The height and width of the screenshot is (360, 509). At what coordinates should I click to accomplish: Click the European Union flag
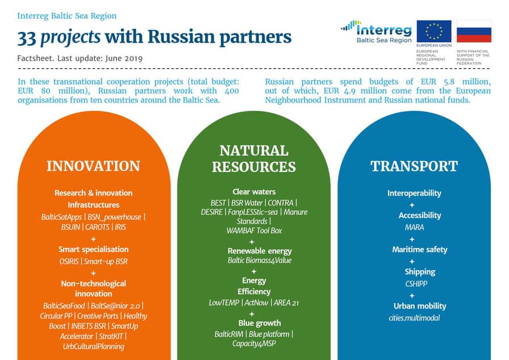click(433, 31)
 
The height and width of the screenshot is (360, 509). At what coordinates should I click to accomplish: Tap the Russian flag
click(474, 31)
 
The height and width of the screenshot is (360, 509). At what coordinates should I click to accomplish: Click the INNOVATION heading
click(94, 166)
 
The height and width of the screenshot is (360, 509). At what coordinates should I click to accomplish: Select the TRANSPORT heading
click(414, 166)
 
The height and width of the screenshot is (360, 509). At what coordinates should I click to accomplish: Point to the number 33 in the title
click(27, 37)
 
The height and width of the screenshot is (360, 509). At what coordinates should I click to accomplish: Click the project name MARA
click(414, 227)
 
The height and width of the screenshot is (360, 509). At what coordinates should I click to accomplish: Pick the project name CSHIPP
click(416, 284)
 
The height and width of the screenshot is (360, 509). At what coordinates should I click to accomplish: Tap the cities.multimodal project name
click(414, 318)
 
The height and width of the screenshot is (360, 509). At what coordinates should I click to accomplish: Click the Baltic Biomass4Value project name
click(260, 261)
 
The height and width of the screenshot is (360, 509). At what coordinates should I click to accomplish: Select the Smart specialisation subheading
click(94, 249)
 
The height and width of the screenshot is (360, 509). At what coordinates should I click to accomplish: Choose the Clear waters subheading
click(254, 192)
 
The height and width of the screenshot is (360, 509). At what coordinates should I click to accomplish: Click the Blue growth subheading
click(260, 323)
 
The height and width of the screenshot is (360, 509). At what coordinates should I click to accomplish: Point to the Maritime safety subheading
click(420, 249)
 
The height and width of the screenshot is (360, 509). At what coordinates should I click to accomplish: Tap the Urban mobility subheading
click(420, 306)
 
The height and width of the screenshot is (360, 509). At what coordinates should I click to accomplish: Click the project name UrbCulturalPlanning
click(94, 347)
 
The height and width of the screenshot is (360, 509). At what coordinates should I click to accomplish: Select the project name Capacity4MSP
click(254, 344)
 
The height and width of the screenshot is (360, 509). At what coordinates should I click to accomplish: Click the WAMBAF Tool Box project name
click(254, 231)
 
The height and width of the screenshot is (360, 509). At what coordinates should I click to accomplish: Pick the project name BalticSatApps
click(61, 217)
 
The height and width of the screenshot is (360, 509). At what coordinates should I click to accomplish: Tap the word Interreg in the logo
click(384, 30)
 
